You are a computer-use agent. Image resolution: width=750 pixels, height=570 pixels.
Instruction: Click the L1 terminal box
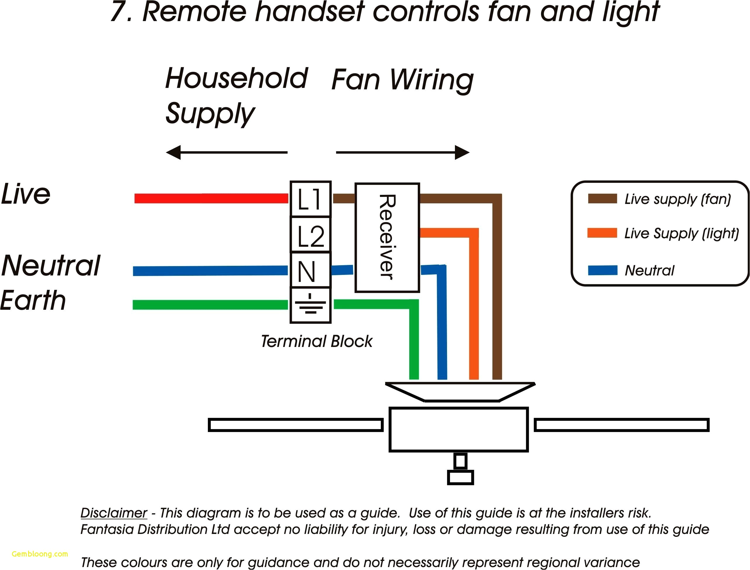310,199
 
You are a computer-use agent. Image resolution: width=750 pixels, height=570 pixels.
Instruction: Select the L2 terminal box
310,235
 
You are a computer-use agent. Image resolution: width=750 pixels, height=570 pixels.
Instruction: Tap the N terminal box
310,270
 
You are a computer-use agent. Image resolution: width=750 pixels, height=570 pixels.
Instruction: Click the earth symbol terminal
310,305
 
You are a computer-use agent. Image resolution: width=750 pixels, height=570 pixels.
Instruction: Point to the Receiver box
387,238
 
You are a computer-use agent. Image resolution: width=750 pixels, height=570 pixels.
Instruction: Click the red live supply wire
211,199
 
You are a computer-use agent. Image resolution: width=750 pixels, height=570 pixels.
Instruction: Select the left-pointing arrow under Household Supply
227,152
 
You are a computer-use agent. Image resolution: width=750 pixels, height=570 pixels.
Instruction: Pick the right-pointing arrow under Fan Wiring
403,152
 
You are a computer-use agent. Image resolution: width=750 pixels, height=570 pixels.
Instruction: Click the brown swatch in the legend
602,199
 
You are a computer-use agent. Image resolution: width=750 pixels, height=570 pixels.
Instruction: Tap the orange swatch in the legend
602,233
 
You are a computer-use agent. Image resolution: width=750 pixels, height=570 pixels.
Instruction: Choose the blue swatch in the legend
602,270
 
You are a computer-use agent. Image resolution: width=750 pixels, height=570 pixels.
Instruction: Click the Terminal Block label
316,341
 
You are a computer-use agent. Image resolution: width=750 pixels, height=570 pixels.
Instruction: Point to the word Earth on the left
33,301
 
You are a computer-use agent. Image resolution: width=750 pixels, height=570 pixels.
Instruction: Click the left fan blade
296,425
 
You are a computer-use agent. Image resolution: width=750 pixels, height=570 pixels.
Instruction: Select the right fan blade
621,425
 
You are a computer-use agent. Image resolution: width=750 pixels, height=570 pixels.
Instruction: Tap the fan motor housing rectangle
458,429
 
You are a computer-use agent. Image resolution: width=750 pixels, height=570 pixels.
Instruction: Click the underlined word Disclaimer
114,513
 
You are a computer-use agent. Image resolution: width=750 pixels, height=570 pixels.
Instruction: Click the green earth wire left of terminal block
210,305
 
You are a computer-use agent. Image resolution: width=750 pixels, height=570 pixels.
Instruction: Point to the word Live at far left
26,194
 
